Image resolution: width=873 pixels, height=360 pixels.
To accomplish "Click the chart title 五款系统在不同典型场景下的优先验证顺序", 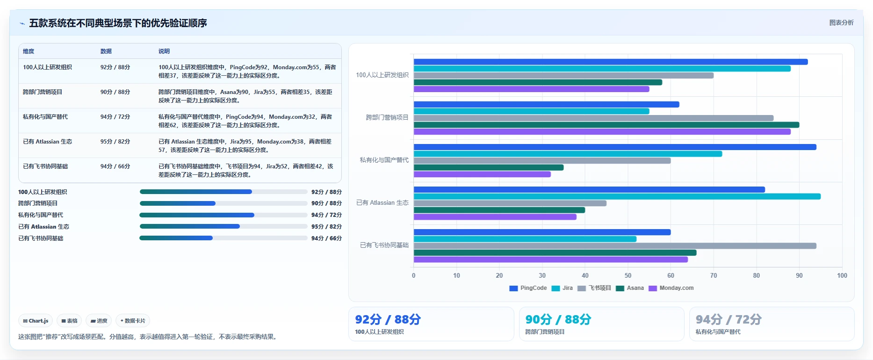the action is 118,23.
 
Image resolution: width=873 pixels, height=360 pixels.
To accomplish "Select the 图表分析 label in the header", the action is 841,22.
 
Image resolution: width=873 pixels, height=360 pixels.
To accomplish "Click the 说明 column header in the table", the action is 164,51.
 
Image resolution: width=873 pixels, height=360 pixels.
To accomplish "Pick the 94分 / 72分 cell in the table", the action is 115,117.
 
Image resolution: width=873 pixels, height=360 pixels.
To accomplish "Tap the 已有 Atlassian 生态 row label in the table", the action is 47,142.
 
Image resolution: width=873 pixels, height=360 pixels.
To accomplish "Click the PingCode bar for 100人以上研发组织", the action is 611,62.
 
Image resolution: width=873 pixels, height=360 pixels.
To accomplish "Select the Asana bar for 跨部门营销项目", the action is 606,125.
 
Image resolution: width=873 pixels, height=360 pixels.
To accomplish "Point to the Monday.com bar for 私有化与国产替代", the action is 482,174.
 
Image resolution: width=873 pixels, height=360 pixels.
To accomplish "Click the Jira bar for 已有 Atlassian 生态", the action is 617,196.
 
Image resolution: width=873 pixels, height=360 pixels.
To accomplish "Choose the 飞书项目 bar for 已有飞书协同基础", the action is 615,246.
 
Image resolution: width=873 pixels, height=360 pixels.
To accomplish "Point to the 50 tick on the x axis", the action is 628,275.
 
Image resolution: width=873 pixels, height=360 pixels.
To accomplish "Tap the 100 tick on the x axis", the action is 842,275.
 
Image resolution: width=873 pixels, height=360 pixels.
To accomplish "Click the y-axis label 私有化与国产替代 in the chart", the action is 384,160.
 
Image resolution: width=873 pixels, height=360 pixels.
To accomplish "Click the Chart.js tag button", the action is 36,321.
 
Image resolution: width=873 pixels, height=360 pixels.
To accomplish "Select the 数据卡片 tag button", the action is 133,321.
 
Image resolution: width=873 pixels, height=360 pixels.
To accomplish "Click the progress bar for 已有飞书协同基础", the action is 224,238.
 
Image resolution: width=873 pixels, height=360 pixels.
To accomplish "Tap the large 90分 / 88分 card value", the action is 558,319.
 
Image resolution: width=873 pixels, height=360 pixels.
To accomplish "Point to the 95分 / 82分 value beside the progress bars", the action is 326,227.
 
